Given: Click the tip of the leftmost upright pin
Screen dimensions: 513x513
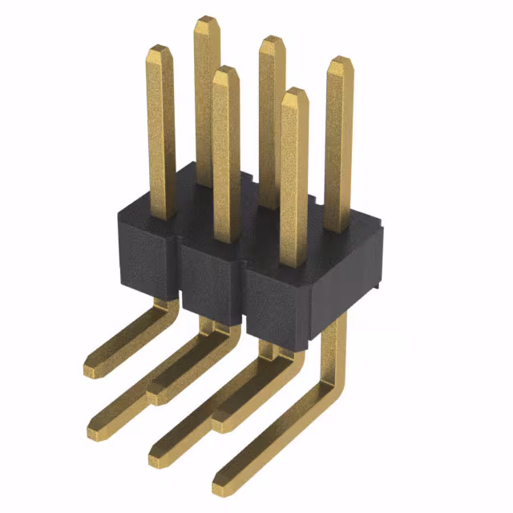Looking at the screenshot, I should coord(160,50).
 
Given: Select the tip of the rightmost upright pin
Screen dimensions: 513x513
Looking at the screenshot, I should coord(339,62).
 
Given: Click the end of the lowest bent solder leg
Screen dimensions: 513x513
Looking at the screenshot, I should coord(224,485).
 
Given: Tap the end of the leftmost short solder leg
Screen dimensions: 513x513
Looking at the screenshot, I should coord(95,369).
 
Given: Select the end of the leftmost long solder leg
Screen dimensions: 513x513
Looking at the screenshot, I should coord(99,430).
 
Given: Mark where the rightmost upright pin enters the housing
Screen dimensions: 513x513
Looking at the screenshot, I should coord(337,229).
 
